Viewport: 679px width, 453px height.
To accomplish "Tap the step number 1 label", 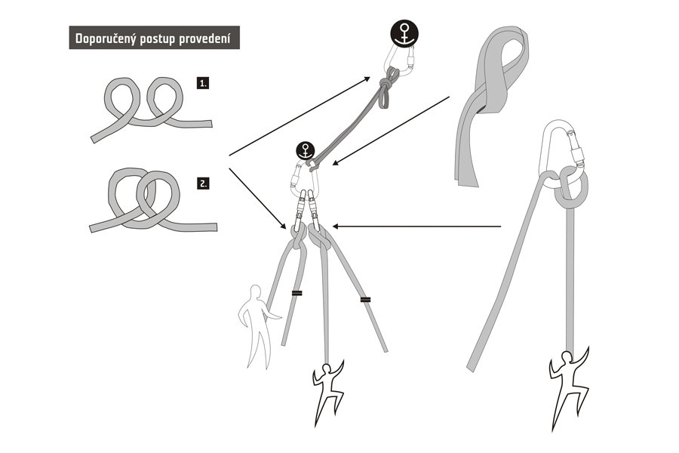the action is pos(203,83).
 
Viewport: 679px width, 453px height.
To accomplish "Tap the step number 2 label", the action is pos(203,183).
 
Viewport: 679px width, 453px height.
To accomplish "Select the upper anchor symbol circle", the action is pos(404,33).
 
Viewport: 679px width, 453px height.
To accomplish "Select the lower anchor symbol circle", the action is pos(306,151).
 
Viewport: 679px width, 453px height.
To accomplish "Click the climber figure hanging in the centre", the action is pos(327,390).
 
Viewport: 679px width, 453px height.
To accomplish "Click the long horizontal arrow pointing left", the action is pos(416,226).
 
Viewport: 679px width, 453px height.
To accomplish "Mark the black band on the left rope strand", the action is pos(296,294).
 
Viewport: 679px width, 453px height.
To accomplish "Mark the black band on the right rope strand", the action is pos(365,299).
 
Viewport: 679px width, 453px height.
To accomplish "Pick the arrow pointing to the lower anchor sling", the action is pos(391,131).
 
